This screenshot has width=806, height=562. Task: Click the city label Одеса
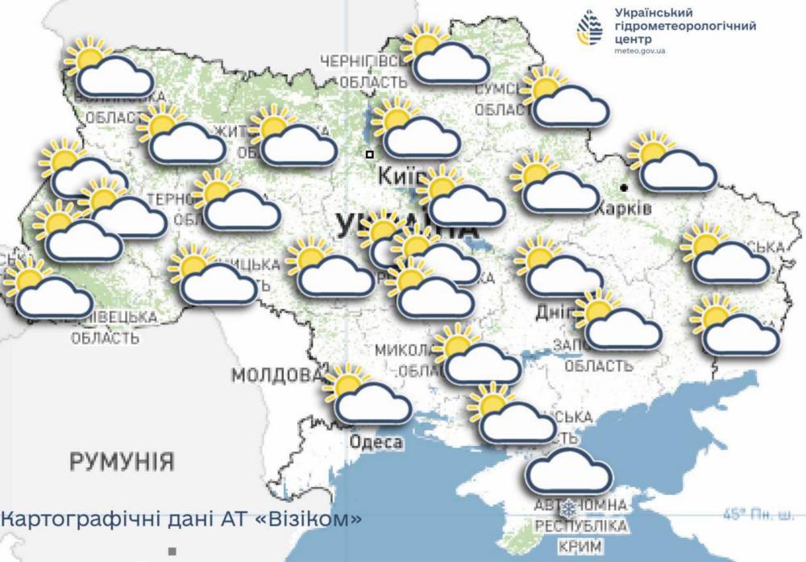(x=376, y=442)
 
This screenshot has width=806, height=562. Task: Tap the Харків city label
(x=623, y=208)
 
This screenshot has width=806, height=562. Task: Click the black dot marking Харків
(x=625, y=187)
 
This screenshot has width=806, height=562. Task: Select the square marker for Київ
(x=369, y=153)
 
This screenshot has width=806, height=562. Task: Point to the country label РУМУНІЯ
(x=122, y=462)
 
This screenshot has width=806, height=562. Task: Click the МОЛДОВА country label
(x=276, y=376)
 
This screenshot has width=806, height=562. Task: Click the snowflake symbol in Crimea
(x=569, y=508)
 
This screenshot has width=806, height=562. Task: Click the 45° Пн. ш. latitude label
(x=758, y=514)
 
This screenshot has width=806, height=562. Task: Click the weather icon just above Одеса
(x=367, y=397)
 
